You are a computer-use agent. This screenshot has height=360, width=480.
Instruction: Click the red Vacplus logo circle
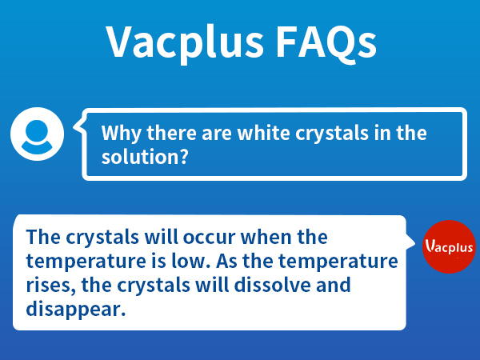449,246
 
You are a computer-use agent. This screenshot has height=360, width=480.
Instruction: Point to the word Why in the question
121,133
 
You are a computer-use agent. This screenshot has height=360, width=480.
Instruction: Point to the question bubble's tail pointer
78,126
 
